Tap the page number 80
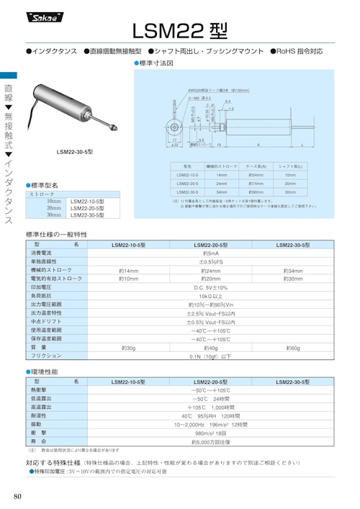18,496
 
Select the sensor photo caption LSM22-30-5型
75,153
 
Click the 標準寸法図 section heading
156,63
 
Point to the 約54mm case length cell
256,175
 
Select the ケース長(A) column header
256,166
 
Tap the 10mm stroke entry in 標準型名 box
54,201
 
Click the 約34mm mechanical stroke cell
293,270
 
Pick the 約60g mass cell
293,347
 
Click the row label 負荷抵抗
41,296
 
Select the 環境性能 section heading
45,371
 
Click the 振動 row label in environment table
37,425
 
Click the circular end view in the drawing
175,126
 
